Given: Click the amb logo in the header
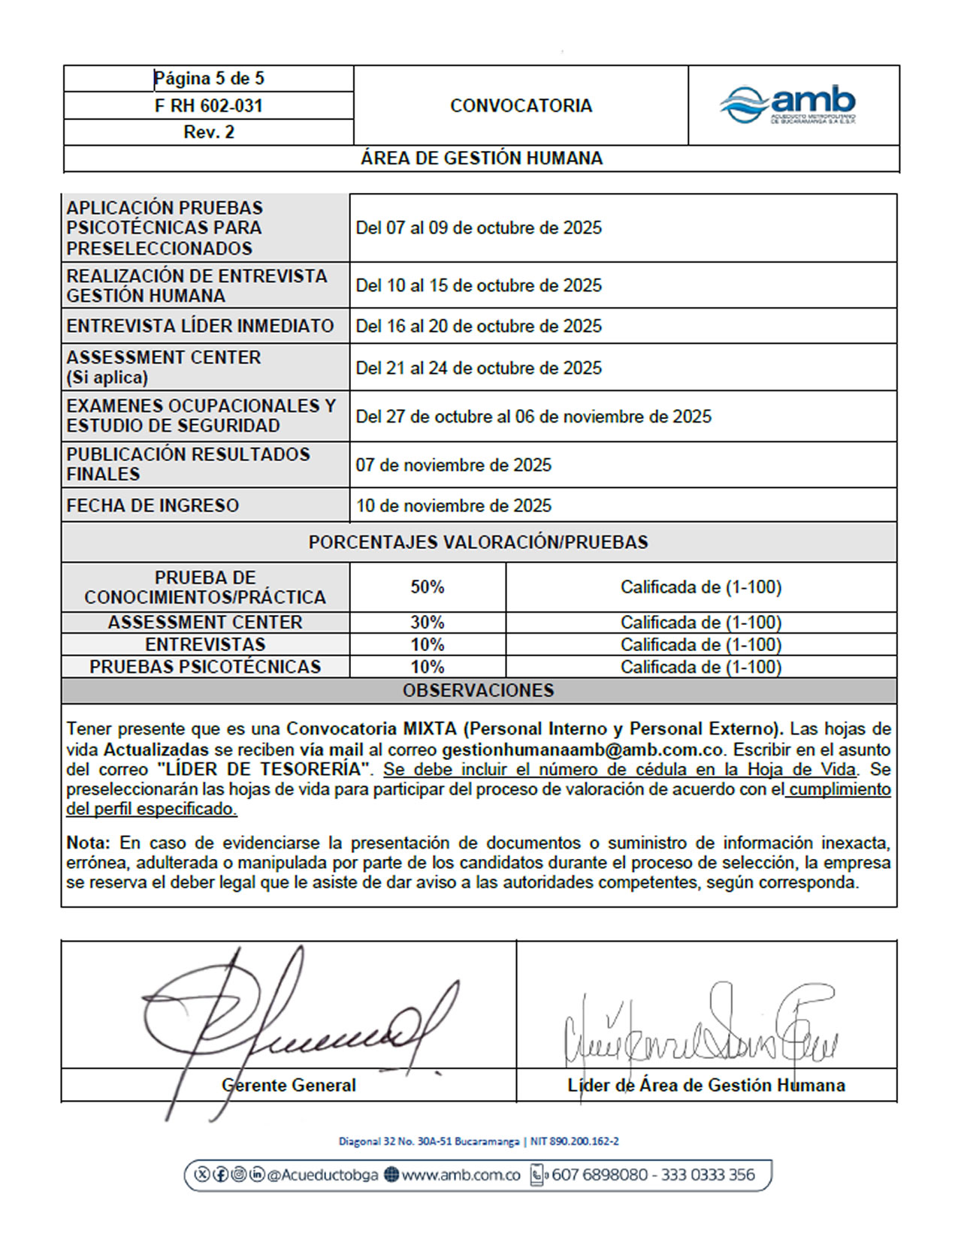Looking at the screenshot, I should (x=788, y=105).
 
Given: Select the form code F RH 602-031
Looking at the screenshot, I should (x=208, y=106).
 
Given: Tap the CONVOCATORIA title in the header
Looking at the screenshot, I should (x=521, y=106).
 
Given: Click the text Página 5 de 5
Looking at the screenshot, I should (x=208, y=79).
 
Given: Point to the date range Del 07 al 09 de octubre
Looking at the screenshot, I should (x=479, y=228).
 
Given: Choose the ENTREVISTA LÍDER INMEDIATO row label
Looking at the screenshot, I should (x=200, y=326).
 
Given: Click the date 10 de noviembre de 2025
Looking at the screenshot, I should (x=453, y=506).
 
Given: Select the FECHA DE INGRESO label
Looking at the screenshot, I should (x=153, y=506).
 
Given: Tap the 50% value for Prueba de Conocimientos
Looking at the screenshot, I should (x=427, y=587).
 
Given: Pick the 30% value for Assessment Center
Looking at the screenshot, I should (x=427, y=623).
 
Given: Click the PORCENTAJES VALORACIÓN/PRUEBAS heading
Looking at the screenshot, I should (x=478, y=542).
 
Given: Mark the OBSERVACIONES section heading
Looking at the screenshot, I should (x=478, y=691).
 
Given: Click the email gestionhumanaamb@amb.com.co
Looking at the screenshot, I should (x=582, y=749).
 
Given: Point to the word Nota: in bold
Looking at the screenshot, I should (x=88, y=843).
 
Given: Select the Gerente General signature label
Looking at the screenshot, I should (x=289, y=1085).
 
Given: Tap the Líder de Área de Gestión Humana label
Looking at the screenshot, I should (x=706, y=1085).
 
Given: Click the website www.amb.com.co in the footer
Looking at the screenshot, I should (x=461, y=1175).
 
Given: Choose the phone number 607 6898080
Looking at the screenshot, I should (x=599, y=1175).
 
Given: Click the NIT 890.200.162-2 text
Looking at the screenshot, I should (x=575, y=1141).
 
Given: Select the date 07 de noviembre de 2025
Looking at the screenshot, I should (x=453, y=466).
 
